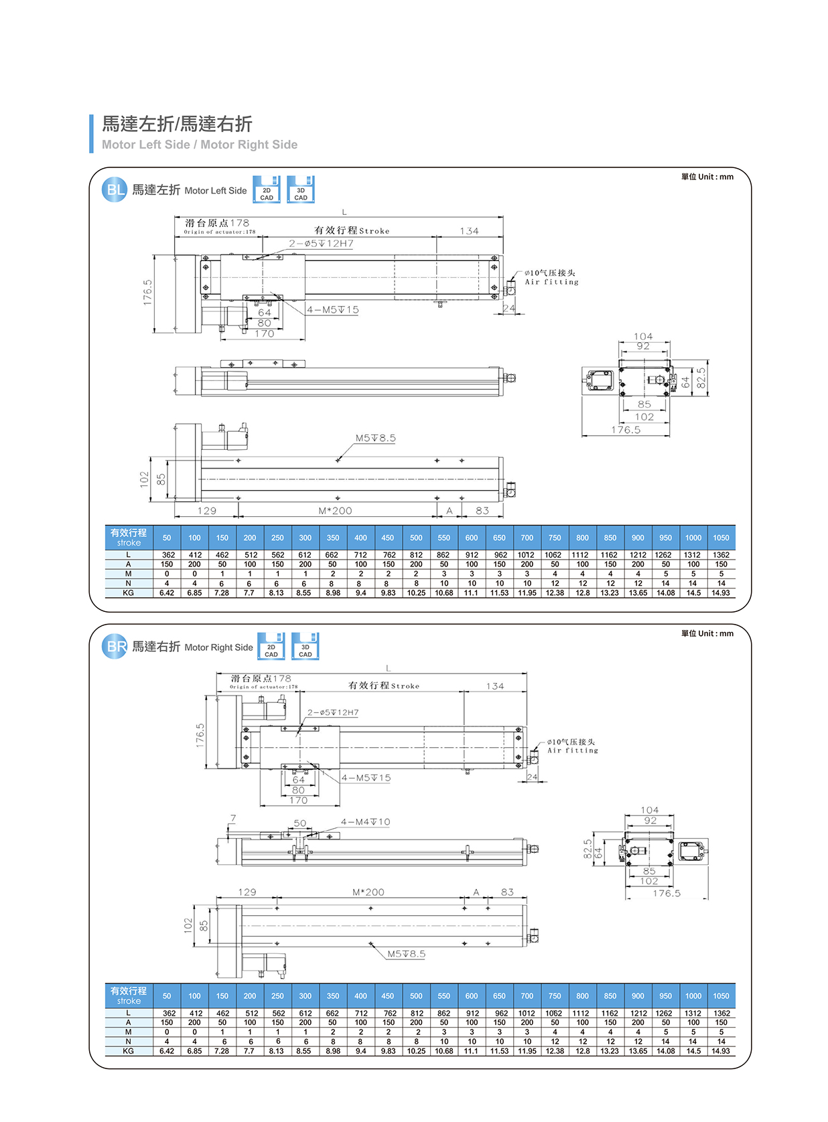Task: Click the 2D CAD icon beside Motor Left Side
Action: tap(267, 190)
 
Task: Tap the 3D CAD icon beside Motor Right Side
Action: tap(305, 647)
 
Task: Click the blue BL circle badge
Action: tap(115, 189)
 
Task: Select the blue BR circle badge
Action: tap(115, 647)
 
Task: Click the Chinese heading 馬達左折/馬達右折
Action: tap(177, 124)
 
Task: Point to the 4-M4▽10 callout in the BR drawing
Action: tap(365, 822)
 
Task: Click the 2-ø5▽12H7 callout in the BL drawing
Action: tap(321, 244)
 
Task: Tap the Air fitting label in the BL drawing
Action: tap(551, 282)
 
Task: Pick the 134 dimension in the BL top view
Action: tap(469, 231)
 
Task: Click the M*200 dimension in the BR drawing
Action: tap(368, 892)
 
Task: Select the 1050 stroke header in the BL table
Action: tap(721, 538)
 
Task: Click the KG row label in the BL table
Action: tap(128, 593)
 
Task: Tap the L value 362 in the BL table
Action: tap(168, 555)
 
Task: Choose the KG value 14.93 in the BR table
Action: tap(721, 1051)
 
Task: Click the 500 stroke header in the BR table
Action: tap(416, 995)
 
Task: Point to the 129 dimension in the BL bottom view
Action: tap(207, 511)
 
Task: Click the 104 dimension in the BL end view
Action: tap(643, 337)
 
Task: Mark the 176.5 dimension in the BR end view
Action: tap(667, 894)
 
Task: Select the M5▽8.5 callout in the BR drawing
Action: tap(406, 954)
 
